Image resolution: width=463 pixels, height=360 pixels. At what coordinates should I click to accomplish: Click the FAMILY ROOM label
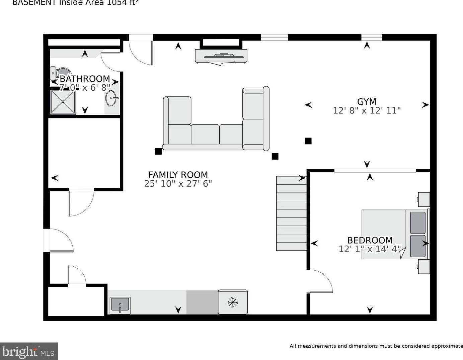(x=178, y=175)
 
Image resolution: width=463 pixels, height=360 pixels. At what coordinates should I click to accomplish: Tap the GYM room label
(x=367, y=102)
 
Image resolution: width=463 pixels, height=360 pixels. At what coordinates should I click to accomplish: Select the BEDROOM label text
(x=370, y=240)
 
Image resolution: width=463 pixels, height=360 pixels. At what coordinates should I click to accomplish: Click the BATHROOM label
(x=85, y=79)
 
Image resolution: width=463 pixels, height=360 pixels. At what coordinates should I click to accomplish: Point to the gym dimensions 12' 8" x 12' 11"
(x=367, y=110)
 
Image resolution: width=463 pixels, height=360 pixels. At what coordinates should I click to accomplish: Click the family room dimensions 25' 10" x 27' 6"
(x=178, y=183)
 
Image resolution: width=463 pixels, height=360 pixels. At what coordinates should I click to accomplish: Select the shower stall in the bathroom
(x=63, y=102)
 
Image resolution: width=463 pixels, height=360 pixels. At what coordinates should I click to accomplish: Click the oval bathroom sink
(x=111, y=98)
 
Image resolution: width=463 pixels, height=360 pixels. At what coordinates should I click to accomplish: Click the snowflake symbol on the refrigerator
(x=233, y=302)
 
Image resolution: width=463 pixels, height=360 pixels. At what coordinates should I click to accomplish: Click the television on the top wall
(x=221, y=56)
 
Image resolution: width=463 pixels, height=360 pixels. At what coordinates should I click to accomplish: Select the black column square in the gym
(x=308, y=141)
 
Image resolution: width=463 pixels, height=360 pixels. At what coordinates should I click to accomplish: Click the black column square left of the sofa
(x=158, y=151)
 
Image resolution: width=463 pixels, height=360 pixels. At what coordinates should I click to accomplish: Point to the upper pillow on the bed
(x=417, y=222)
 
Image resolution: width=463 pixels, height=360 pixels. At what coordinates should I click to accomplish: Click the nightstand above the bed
(x=424, y=199)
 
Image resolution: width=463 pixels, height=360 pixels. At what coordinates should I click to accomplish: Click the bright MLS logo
(x=29, y=351)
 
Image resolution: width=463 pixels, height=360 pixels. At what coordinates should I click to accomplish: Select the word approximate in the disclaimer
(x=447, y=346)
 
